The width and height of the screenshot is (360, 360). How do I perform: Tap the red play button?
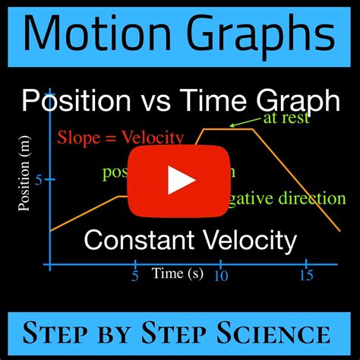coord(180,180)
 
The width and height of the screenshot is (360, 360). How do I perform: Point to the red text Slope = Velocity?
coord(120,138)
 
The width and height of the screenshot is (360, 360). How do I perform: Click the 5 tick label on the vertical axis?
coord(39,180)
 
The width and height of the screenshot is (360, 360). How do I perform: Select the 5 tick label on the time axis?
coord(134,276)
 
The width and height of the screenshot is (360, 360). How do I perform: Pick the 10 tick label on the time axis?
coord(220,276)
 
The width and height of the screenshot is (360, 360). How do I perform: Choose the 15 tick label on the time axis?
coord(306,276)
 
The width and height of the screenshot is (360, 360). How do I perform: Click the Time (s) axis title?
coord(177,273)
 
